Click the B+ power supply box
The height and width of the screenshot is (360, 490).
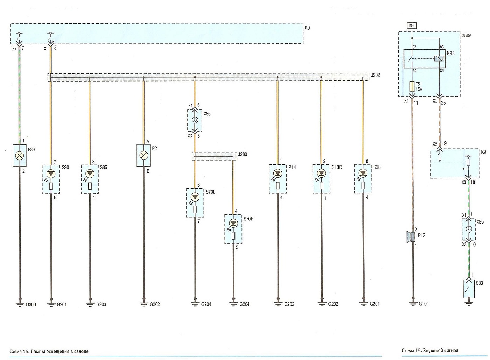click(x=412, y=26)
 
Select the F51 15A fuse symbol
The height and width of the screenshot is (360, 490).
click(x=412, y=87)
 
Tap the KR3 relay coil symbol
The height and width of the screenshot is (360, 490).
click(x=439, y=58)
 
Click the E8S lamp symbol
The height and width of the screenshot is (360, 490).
click(x=20, y=156)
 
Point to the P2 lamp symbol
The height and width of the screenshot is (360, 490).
click(x=144, y=155)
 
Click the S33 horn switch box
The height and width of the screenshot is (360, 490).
click(x=469, y=289)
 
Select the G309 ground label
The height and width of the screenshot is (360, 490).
click(x=31, y=305)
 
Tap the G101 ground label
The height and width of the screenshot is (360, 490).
click(x=424, y=304)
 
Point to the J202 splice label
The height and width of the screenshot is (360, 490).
click(x=375, y=75)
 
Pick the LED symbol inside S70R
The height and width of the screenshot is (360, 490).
click(x=233, y=223)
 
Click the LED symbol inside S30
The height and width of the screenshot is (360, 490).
click(x=51, y=174)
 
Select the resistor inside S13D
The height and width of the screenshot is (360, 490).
click(x=321, y=185)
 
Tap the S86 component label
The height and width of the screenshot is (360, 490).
click(x=104, y=167)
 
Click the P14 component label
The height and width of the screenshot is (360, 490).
click(x=292, y=167)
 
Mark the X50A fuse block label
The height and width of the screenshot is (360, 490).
click(x=467, y=36)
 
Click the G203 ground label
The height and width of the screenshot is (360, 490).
click(x=101, y=304)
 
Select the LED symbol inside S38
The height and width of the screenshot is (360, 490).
click(x=363, y=173)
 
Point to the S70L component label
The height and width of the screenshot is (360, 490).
click(x=211, y=192)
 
